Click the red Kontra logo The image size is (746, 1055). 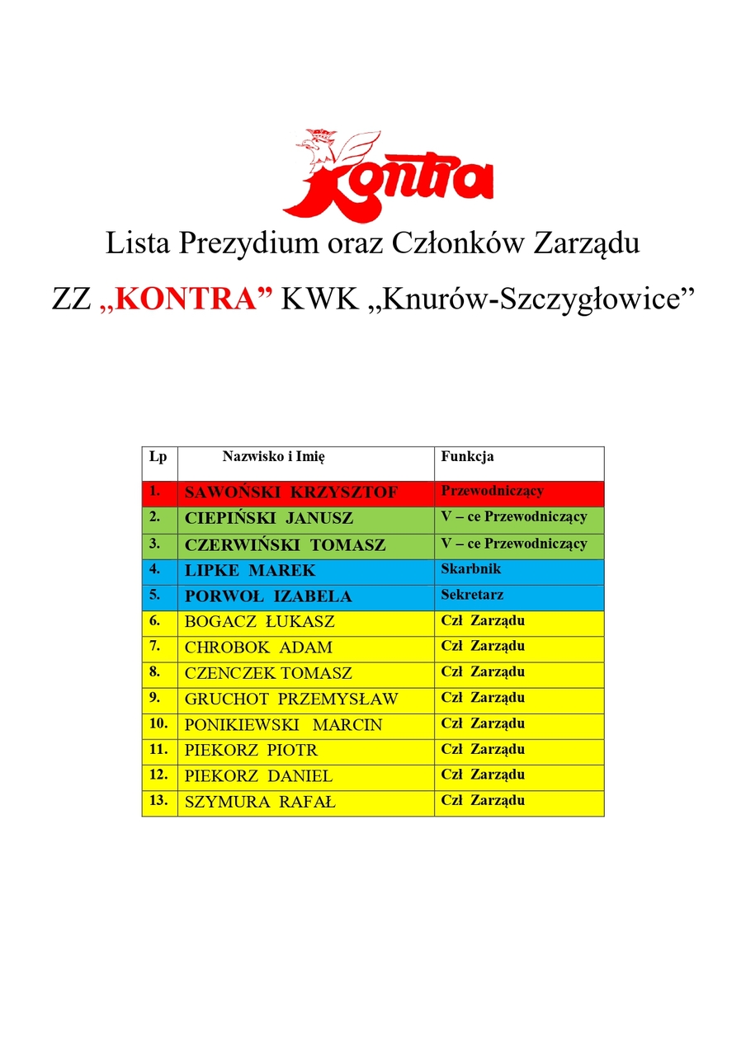[x=388, y=175]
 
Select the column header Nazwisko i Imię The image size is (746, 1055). [x=279, y=456]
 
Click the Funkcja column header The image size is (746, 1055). [x=467, y=456]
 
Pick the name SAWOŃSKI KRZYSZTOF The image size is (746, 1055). [x=290, y=493]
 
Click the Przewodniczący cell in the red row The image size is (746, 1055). [x=492, y=492]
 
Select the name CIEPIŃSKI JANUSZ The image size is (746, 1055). [x=268, y=519]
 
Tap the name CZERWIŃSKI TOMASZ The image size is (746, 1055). [x=285, y=545]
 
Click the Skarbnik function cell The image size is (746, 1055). [x=470, y=569]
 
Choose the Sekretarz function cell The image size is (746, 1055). [x=472, y=595]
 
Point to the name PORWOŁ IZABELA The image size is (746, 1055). [x=268, y=596]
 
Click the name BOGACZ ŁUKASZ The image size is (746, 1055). [x=259, y=622]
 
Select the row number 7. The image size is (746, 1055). [x=154, y=646]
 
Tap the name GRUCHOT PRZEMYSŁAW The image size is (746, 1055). [x=290, y=699]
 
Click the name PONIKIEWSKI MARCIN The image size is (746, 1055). [x=283, y=725]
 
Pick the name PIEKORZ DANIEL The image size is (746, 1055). [x=258, y=776]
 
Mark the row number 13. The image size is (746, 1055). [x=158, y=800]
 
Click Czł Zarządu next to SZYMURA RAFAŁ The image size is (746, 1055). [x=483, y=800]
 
